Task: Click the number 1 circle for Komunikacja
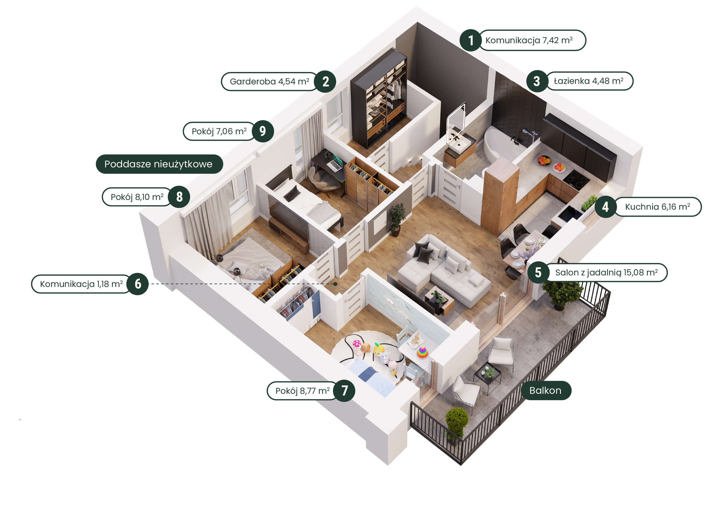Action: (x=471, y=40)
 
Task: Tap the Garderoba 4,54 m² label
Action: (x=269, y=82)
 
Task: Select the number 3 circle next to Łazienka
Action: (x=537, y=81)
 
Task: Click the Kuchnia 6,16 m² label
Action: (x=657, y=207)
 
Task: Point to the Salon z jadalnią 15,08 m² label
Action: (x=606, y=273)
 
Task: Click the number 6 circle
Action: (x=138, y=284)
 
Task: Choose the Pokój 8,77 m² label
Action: (x=303, y=391)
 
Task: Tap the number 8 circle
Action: (x=179, y=197)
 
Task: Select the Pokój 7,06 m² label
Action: (x=219, y=131)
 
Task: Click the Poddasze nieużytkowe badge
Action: (x=159, y=164)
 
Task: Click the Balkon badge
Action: (x=546, y=390)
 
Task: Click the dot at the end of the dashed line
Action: (x=336, y=284)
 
